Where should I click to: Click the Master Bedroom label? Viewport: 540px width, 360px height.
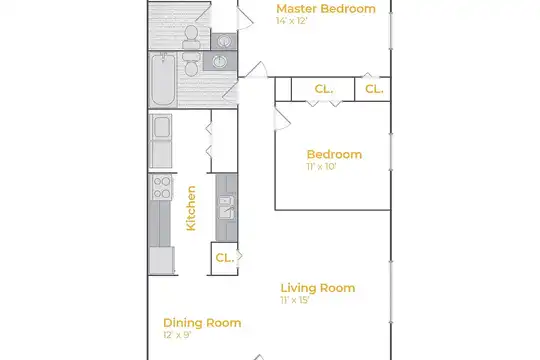[326, 9]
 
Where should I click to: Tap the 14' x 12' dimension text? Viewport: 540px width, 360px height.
[291, 21]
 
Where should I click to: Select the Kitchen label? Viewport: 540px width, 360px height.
[191, 208]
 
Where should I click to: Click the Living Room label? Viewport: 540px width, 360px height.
[318, 288]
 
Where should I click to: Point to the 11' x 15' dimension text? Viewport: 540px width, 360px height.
[295, 300]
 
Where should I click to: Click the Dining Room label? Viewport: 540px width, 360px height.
[202, 323]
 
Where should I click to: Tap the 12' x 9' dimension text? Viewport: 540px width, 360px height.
[177, 335]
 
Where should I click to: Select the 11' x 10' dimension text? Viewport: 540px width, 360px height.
[321, 166]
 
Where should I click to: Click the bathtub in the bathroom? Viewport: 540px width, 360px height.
[163, 80]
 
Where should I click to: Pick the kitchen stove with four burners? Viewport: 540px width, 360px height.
[162, 187]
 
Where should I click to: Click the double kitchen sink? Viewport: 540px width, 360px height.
[227, 207]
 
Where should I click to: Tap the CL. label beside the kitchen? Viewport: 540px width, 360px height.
[225, 258]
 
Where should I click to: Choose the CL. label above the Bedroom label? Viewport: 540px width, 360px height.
[324, 89]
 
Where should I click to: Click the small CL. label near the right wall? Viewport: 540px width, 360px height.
[374, 89]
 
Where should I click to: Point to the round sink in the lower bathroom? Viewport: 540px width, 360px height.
[220, 62]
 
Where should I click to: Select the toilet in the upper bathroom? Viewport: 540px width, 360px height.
[191, 38]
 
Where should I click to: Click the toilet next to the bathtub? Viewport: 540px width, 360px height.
[191, 64]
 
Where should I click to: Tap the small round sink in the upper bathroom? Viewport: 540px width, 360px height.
[224, 42]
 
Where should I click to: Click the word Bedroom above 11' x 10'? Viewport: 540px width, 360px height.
[334, 154]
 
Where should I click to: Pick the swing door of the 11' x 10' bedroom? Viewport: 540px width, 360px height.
[282, 119]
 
